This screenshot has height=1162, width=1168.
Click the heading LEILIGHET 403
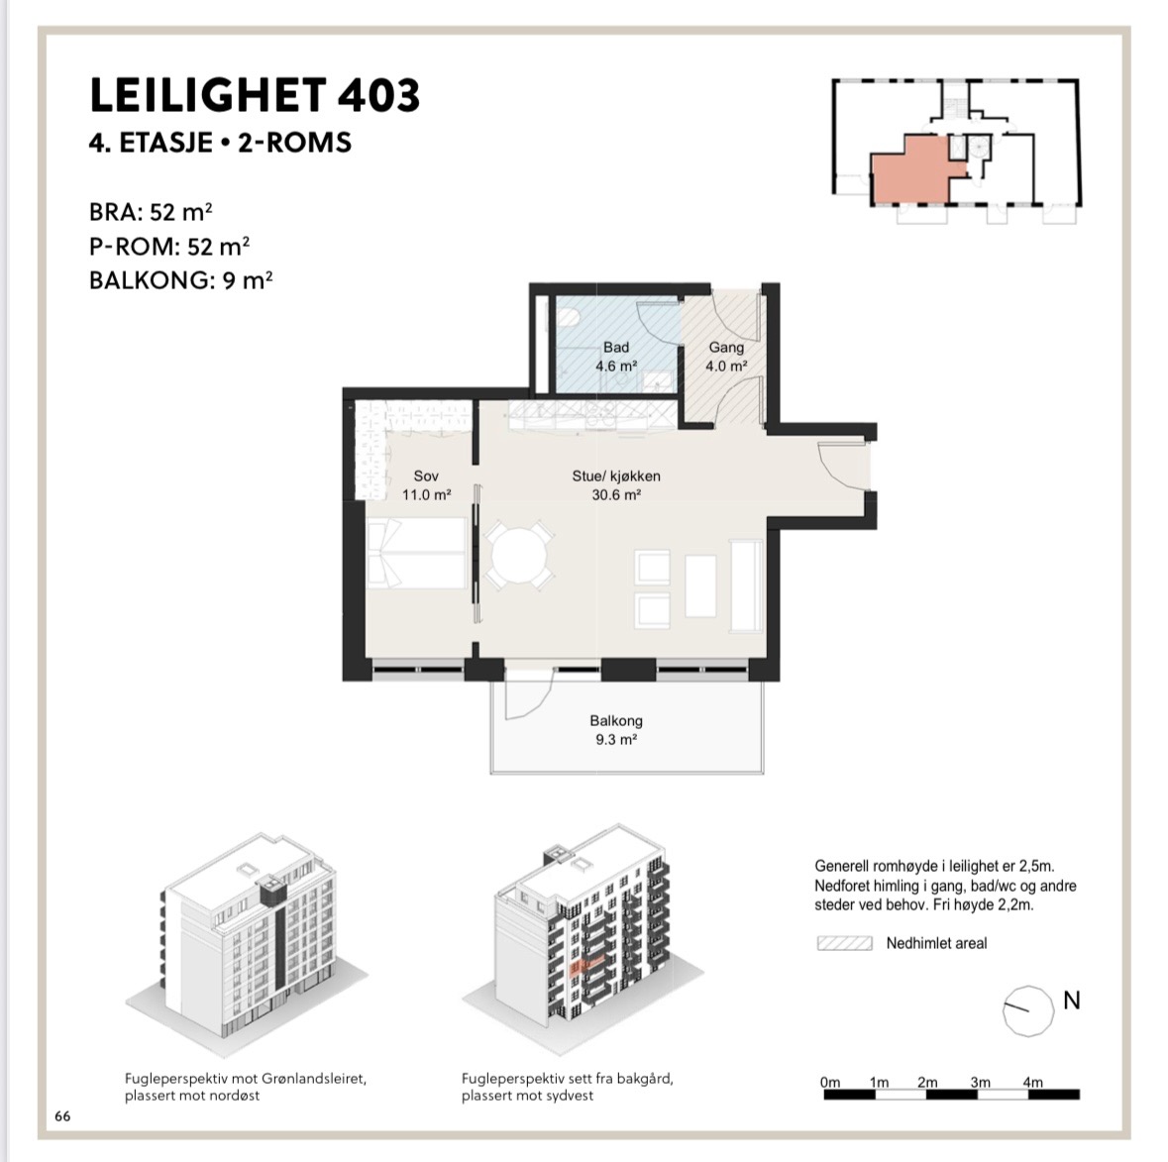tap(255, 95)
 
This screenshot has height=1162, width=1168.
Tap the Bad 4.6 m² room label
tap(616, 357)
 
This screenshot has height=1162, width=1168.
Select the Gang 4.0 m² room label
tap(726, 357)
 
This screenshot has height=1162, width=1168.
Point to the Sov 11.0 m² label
tap(427, 485)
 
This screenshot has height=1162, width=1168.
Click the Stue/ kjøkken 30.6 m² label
tap(616, 485)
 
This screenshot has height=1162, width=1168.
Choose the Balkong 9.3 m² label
tap(616, 730)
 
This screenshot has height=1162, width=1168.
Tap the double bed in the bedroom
tap(417, 554)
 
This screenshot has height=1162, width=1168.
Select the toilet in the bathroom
tap(569, 318)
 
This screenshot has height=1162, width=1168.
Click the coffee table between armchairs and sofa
tap(700, 585)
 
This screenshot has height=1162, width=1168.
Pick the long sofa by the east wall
tap(746, 587)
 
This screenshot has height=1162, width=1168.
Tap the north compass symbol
tap(1028, 1011)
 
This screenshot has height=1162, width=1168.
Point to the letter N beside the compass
tap(1071, 1001)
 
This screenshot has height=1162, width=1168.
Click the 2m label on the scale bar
tap(927, 1083)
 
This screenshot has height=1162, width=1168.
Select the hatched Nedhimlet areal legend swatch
tap(845, 944)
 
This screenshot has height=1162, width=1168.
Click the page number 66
tap(62, 1115)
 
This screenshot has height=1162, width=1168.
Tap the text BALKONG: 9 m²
tap(181, 280)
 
